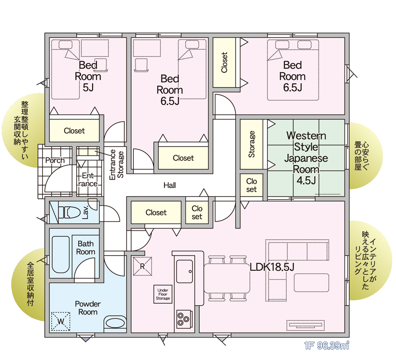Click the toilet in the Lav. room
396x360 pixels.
click(x=69, y=212)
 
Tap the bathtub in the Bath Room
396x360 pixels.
click(x=60, y=255)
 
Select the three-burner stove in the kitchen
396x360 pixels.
click(x=183, y=319)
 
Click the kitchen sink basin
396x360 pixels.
click(x=184, y=271)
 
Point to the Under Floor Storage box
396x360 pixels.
click(x=163, y=294)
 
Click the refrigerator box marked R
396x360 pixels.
click(x=142, y=266)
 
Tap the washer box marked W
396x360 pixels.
click(x=60, y=321)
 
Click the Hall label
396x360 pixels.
click(x=170, y=185)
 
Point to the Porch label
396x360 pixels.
click(x=55, y=160)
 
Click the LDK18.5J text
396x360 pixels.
click(x=272, y=267)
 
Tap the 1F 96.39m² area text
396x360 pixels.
click(x=327, y=345)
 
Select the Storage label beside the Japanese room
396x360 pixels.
click(x=251, y=145)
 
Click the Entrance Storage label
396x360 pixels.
click(x=116, y=165)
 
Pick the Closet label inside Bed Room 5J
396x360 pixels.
click(x=74, y=131)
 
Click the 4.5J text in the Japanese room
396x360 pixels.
click(x=306, y=180)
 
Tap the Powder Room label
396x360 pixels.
click(x=88, y=308)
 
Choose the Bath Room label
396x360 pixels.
click(x=85, y=247)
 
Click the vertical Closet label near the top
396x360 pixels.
click(x=224, y=62)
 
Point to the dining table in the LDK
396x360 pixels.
click(x=227, y=278)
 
